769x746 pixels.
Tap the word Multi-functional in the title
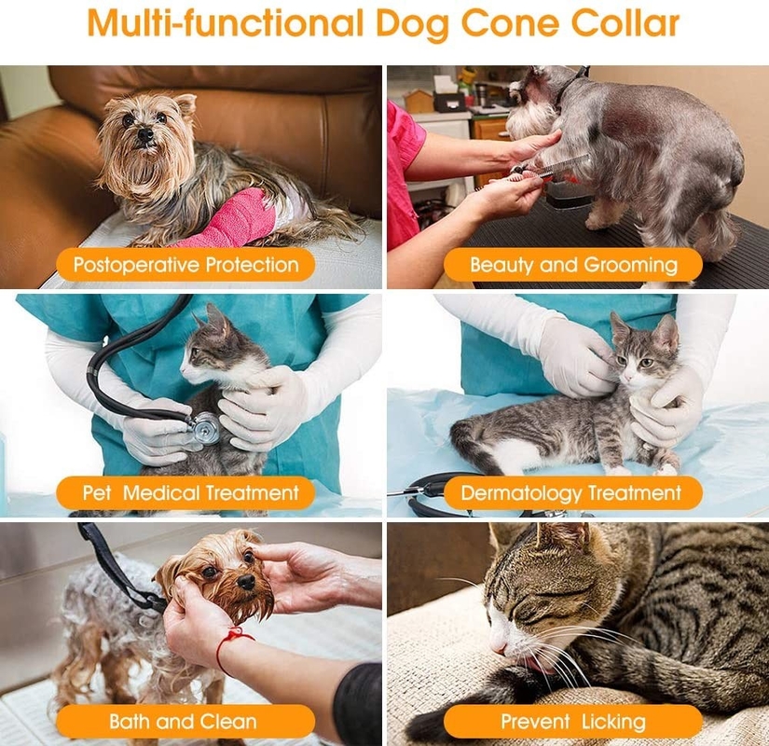click(219, 22)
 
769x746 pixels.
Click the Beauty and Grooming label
click(573, 265)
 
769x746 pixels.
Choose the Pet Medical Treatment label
click(191, 492)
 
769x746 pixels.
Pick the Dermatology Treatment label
click(571, 492)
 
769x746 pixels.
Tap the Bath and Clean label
click(184, 721)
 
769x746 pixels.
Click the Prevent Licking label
click(572, 721)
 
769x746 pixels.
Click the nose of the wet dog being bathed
click(245, 582)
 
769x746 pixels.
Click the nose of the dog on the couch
click(145, 136)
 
